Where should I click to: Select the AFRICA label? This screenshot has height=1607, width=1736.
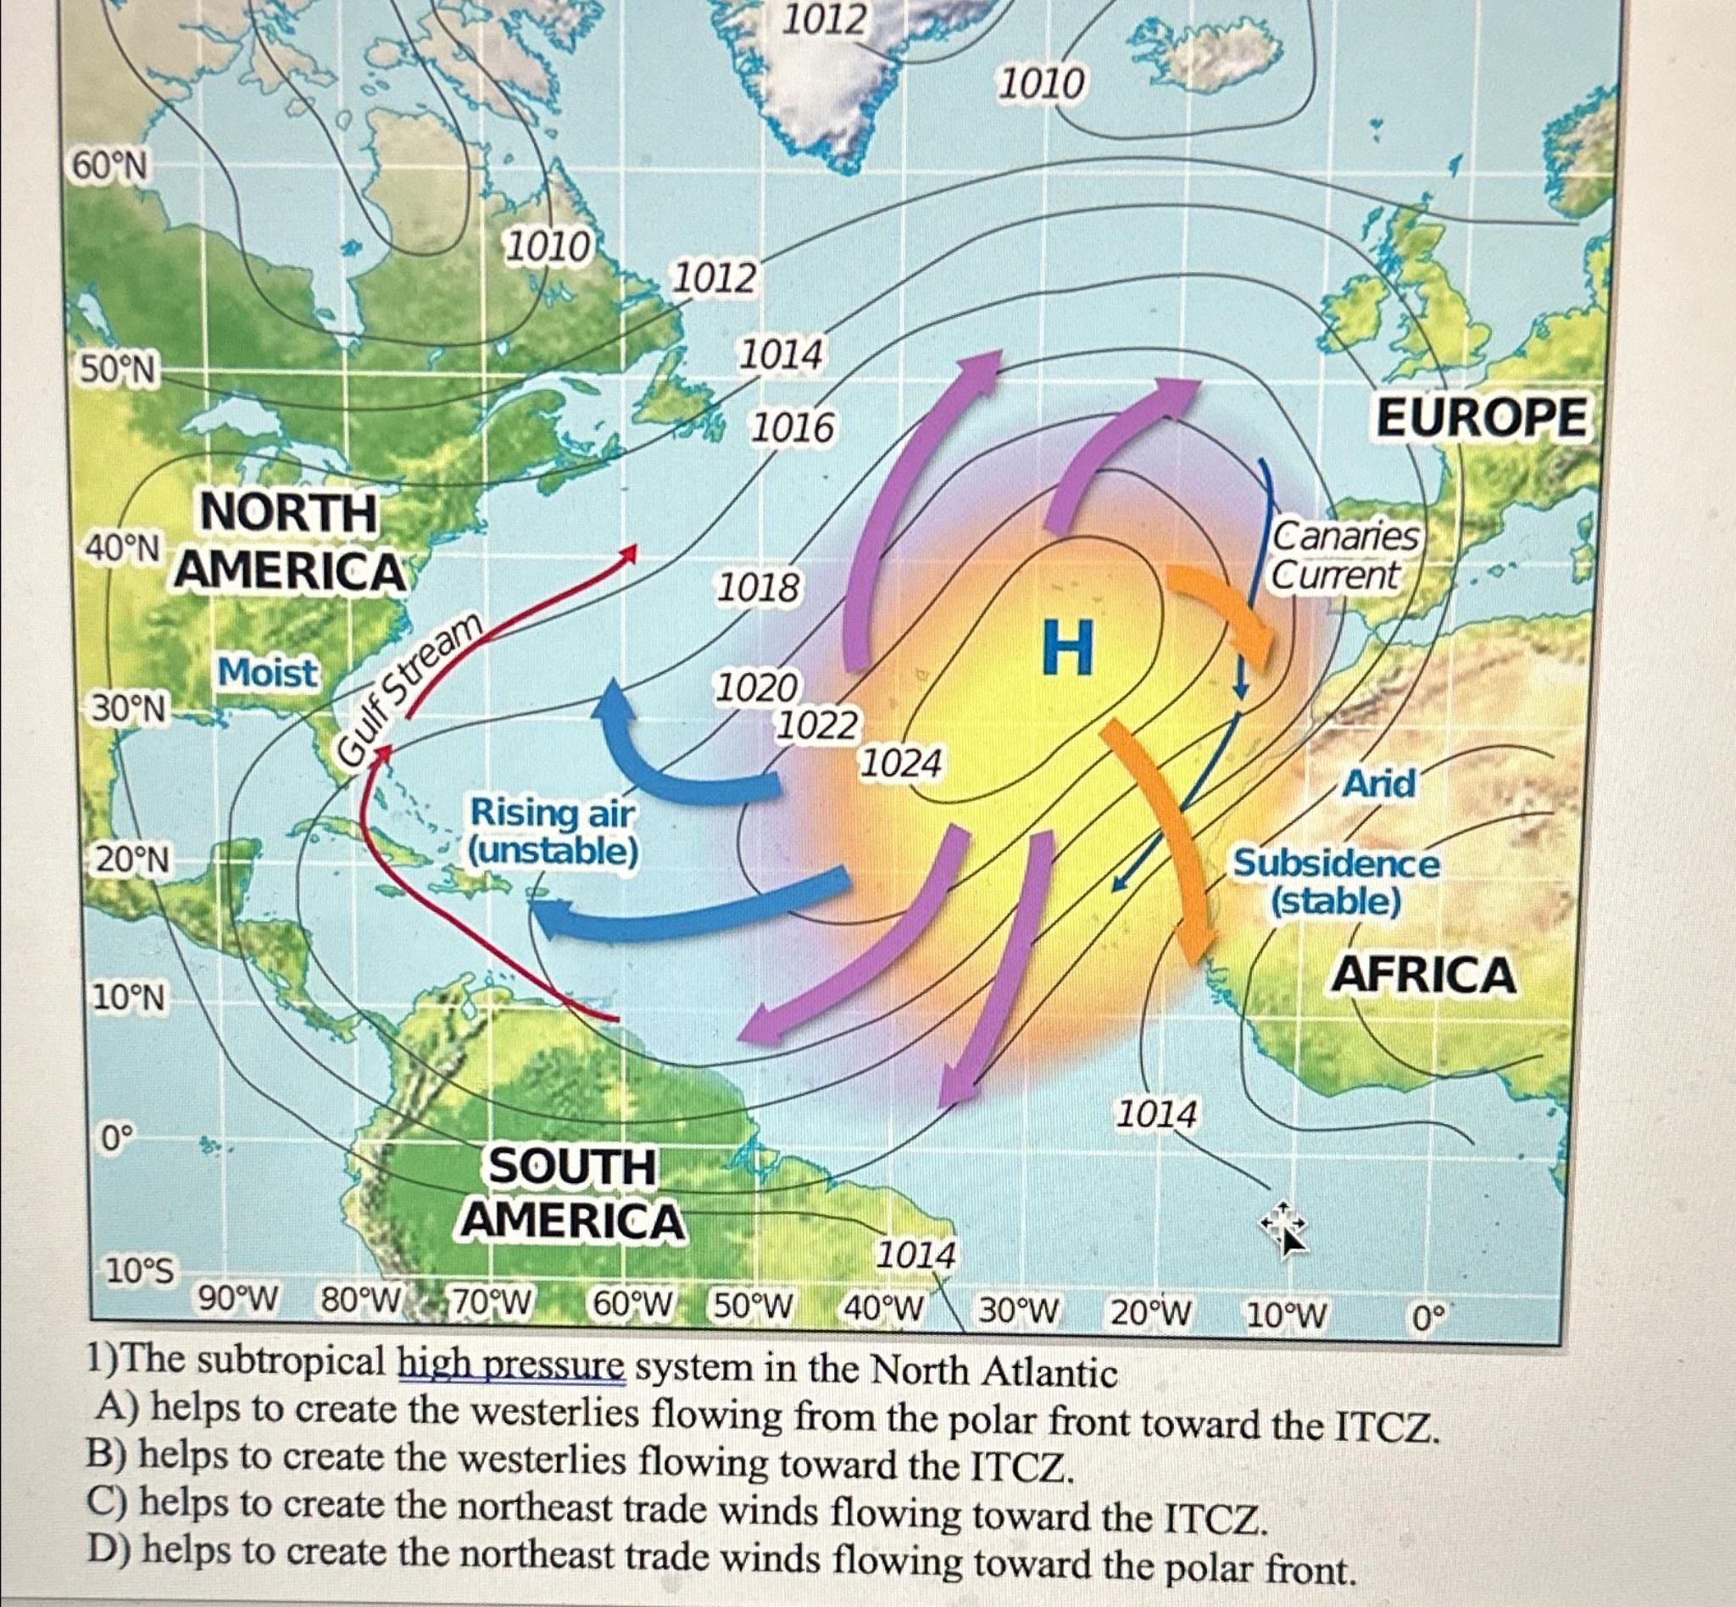[x=1425, y=974]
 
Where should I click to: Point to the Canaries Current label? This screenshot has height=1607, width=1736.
[x=1344, y=556]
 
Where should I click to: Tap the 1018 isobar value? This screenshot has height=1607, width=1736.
[x=758, y=589]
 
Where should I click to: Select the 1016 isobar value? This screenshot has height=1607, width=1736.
[x=793, y=428]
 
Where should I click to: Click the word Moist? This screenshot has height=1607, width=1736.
[x=268, y=672]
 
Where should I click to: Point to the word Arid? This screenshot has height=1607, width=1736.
[x=1379, y=784]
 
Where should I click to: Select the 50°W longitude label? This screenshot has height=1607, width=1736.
[x=754, y=1304]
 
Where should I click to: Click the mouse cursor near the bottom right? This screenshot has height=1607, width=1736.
[x=1286, y=1226]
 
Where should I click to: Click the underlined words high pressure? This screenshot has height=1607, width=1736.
[x=511, y=1369]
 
